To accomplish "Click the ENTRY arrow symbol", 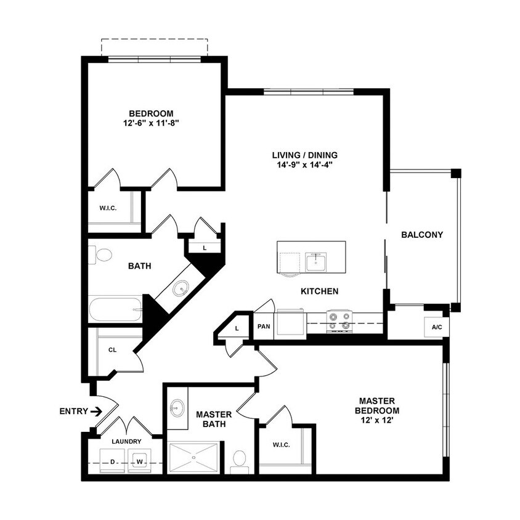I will coord(95,410).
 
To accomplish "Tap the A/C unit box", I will coord(436,327).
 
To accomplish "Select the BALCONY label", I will coord(422,235).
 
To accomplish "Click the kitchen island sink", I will coord(315,262).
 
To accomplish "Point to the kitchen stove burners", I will coord(339,320).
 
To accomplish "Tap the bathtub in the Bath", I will coord(115,309).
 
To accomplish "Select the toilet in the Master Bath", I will coord(239,459).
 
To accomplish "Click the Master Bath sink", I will coord(177,407).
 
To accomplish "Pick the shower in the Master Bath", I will coord(194,458).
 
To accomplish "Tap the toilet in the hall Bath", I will coord(102,254).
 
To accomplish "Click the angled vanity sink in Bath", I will coord(180,288).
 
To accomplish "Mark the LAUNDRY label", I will coord(126,441).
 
